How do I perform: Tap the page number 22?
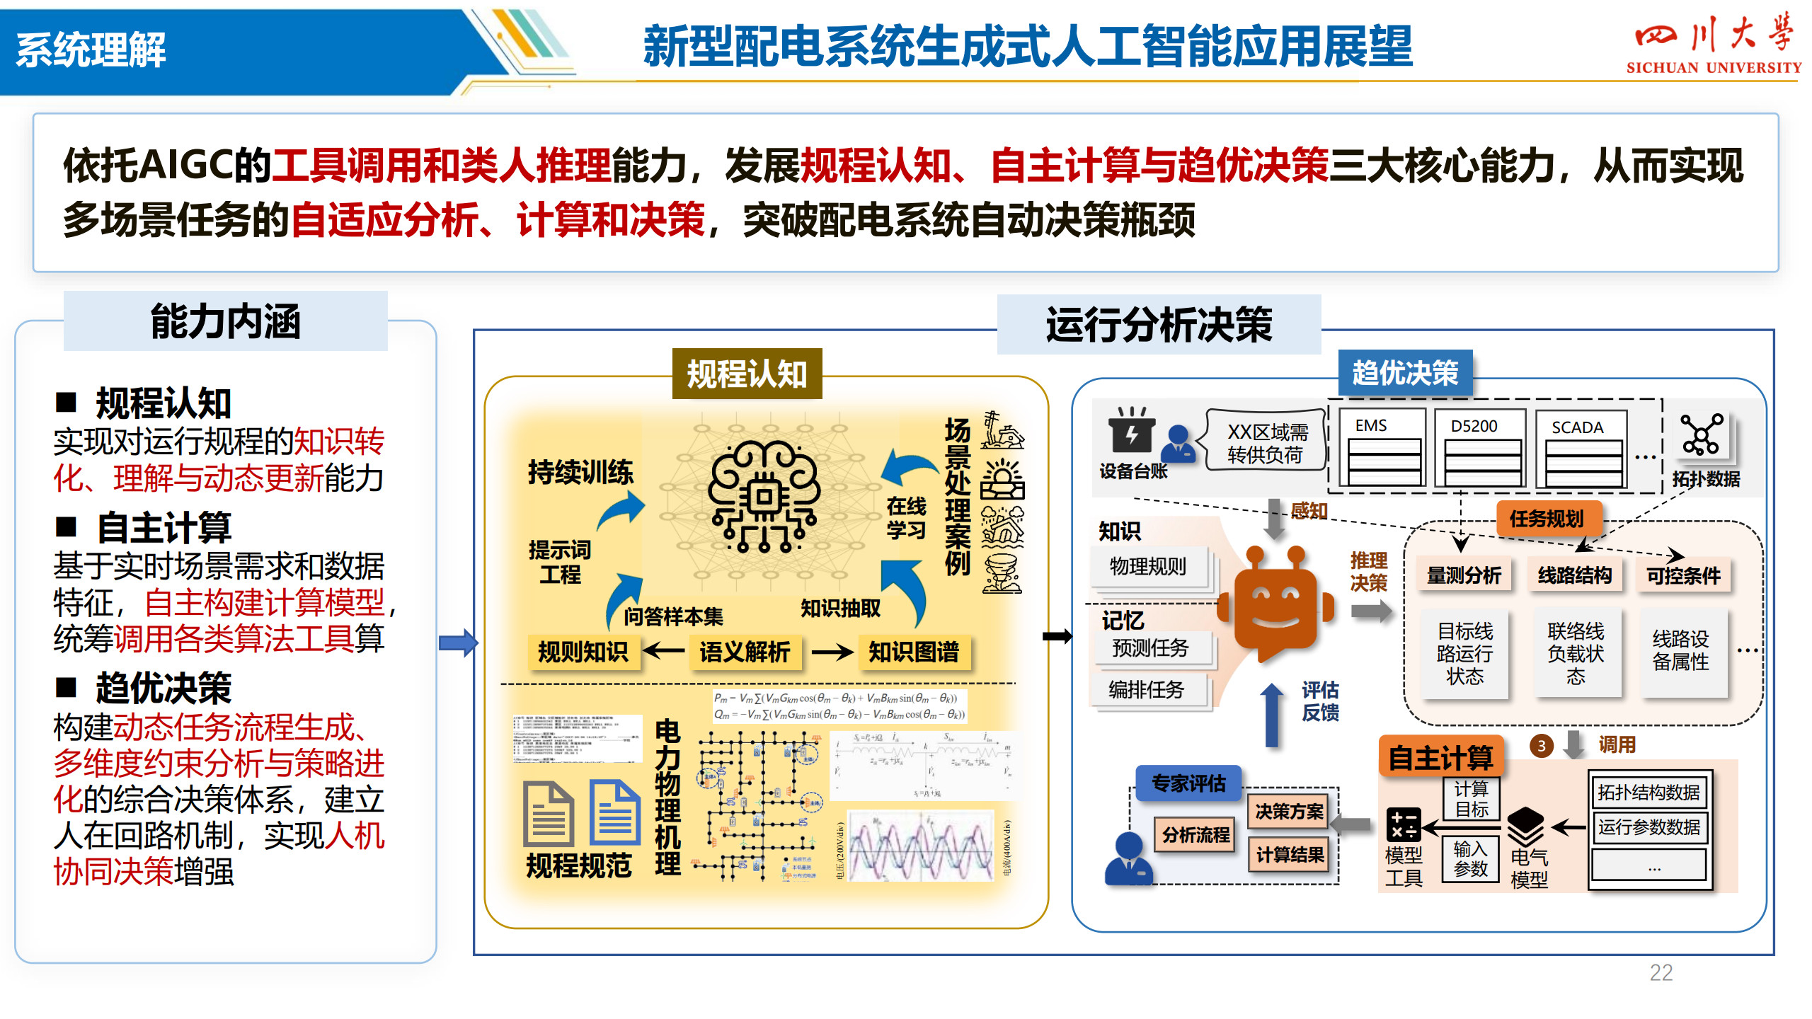coord(1661,972)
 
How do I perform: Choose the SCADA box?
coord(1581,448)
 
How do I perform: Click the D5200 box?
coord(1479,448)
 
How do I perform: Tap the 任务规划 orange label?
coord(1547,519)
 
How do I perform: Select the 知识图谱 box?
coord(913,652)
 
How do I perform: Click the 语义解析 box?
coord(745,652)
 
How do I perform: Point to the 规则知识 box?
coord(583,652)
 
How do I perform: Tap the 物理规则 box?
coord(1148,567)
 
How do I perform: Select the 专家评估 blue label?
coord(1188,783)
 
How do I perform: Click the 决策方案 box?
coord(1289,812)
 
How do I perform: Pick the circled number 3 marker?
coord(1541,745)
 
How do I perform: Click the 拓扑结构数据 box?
coord(1648,793)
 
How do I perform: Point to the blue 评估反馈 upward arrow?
coord(1272,715)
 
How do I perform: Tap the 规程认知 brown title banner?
coord(747,374)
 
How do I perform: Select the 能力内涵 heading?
coord(225,322)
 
